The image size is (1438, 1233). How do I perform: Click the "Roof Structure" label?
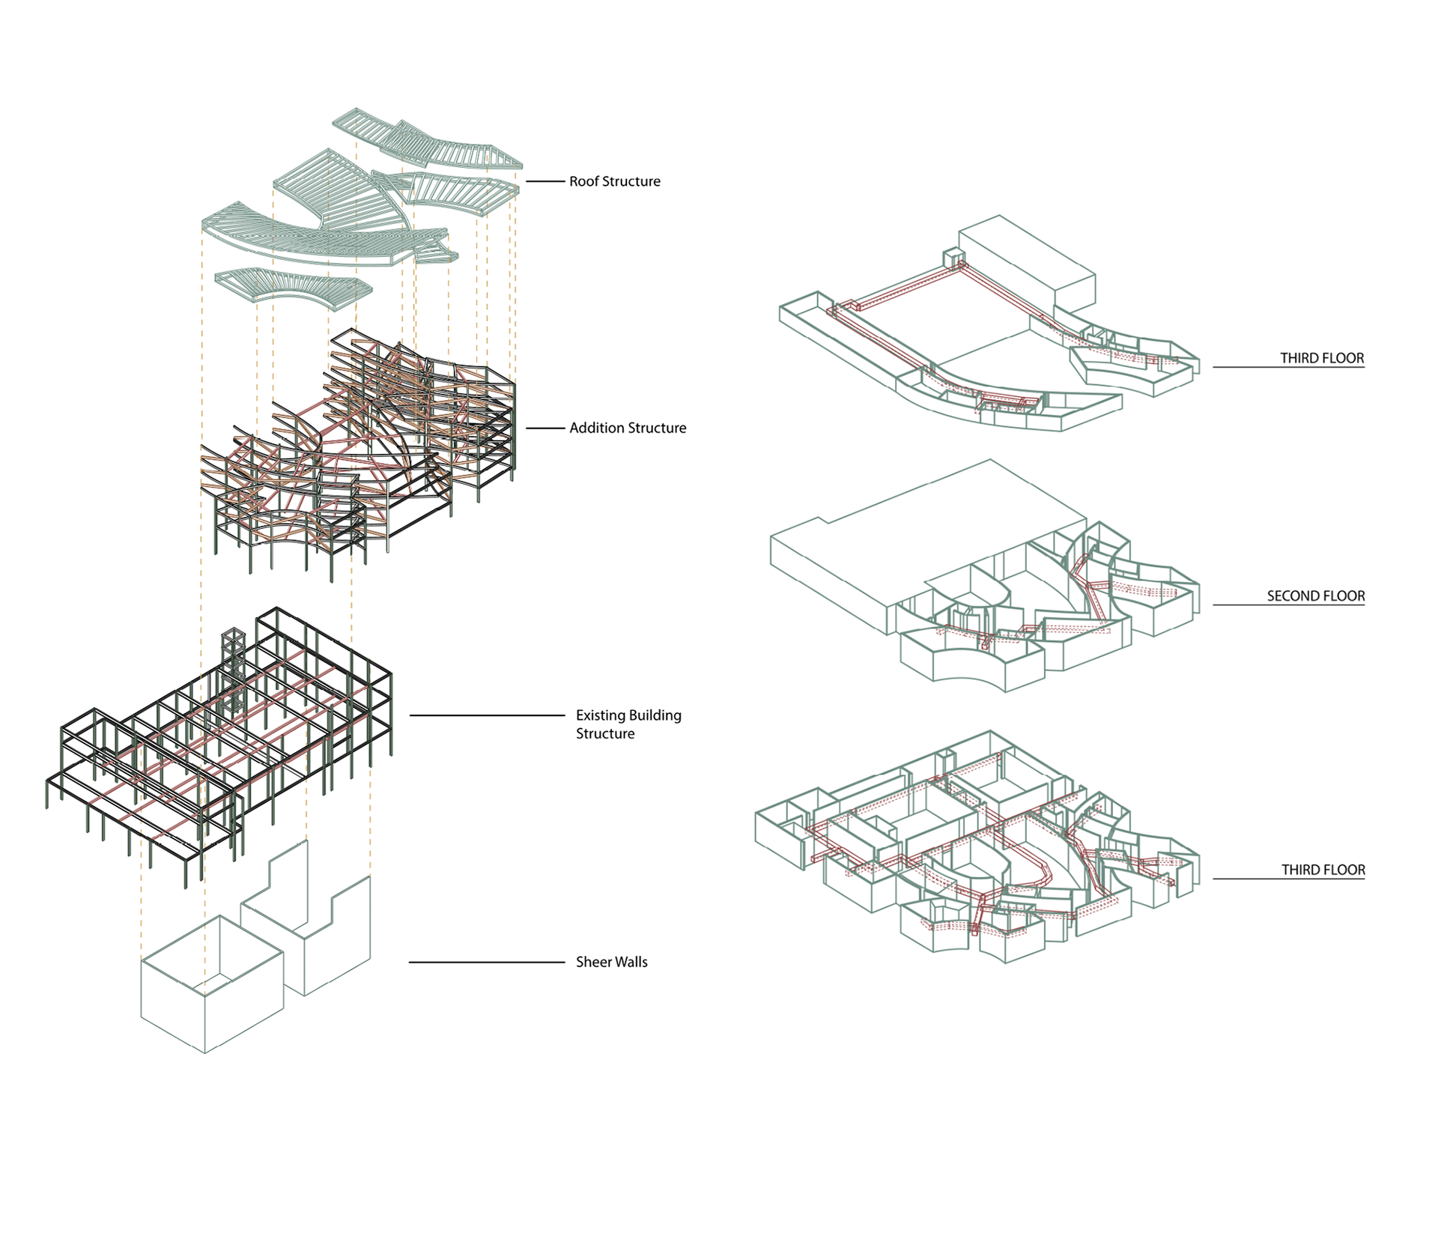coord(614,181)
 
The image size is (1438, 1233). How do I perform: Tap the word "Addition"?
coord(597,428)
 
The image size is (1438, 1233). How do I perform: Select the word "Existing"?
coord(599,715)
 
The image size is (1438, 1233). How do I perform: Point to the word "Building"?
coord(655,715)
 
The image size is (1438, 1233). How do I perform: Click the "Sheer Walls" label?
coord(611,962)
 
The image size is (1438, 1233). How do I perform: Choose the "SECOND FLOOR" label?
coord(1315,596)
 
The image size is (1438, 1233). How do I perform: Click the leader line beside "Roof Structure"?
coord(544,181)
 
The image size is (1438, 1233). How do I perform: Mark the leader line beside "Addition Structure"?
coord(544,428)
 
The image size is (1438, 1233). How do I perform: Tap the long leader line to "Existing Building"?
coord(487,715)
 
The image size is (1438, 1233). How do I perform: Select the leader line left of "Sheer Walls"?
coord(487,962)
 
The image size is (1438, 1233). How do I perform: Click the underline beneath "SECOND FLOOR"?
coord(1288,605)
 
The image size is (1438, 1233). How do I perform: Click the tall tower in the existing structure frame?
coord(233,674)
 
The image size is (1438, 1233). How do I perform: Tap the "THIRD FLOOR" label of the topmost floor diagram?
coord(1321,358)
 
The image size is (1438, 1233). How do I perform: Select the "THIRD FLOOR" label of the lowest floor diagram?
coord(1323,870)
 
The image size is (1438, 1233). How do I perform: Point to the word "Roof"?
coord(584,181)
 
